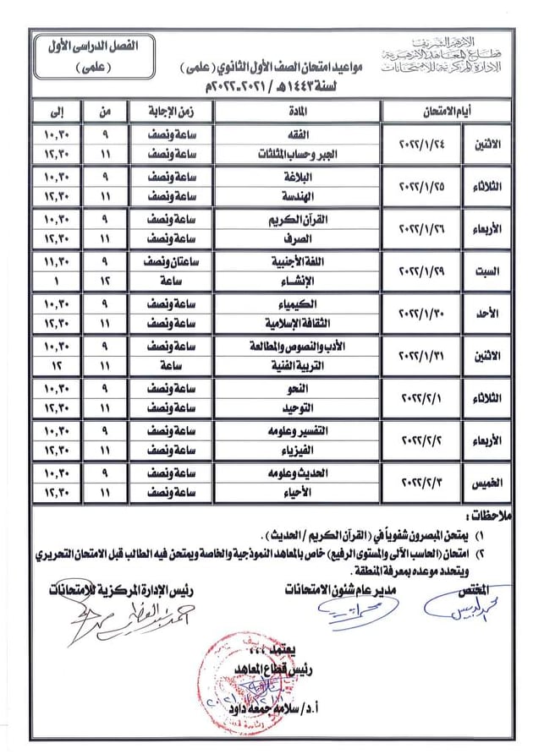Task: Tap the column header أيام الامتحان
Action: [x=441, y=111]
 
